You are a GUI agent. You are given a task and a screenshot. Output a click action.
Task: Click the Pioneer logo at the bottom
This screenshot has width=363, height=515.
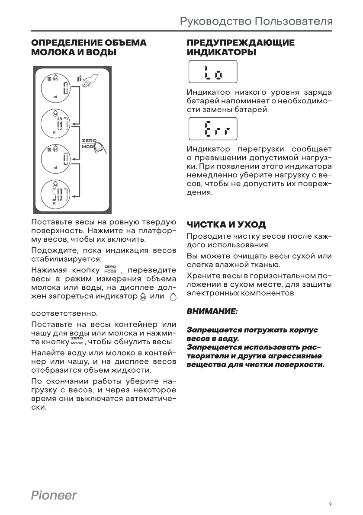[x=54, y=495]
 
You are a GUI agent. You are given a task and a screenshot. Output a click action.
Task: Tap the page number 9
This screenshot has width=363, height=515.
[x=330, y=504]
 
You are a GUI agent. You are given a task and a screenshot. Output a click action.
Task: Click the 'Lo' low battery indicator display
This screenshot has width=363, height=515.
[x=212, y=72]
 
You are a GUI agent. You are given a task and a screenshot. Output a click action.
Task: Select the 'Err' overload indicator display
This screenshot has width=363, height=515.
[x=212, y=128]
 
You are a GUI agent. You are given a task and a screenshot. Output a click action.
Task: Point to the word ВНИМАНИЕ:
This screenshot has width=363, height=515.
[x=212, y=311]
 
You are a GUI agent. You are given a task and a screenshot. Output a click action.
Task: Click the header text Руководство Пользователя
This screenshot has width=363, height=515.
[x=256, y=22]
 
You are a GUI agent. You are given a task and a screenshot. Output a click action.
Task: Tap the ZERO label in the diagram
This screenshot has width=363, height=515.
[x=89, y=141]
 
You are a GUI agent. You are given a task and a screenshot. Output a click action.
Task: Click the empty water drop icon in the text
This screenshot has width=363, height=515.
[x=173, y=297]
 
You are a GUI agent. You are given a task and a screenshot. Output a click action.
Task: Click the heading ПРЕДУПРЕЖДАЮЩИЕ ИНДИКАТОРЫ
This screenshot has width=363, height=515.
[x=240, y=48]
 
